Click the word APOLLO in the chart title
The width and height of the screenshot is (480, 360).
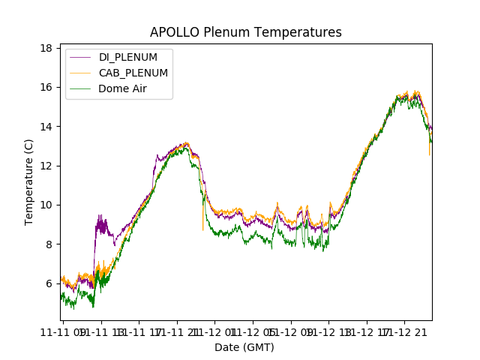tap(174, 32)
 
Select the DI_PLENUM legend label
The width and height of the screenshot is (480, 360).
tap(128, 57)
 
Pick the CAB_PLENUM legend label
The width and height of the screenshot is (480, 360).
tap(133, 73)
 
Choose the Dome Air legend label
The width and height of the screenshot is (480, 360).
tap(122, 88)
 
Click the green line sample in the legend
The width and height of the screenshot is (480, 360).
tap(82, 88)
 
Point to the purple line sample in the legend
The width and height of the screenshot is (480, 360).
tap(82, 57)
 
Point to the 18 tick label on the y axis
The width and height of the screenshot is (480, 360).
tap(46, 48)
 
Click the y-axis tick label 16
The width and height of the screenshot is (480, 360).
tap(46, 87)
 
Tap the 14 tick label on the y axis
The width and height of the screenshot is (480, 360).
tap(46, 126)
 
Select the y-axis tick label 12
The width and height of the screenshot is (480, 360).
tap(46, 166)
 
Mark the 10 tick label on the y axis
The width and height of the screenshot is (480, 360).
tap(46, 205)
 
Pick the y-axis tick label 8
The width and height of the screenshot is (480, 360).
tap(48, 244)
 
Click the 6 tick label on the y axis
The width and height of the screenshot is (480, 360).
tap(48, 283)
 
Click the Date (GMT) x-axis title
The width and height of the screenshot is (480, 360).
tap(244, 347)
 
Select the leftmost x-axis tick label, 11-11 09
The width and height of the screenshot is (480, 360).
tap(63, 331)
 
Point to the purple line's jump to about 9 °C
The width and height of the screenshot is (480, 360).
tap(97, 225)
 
